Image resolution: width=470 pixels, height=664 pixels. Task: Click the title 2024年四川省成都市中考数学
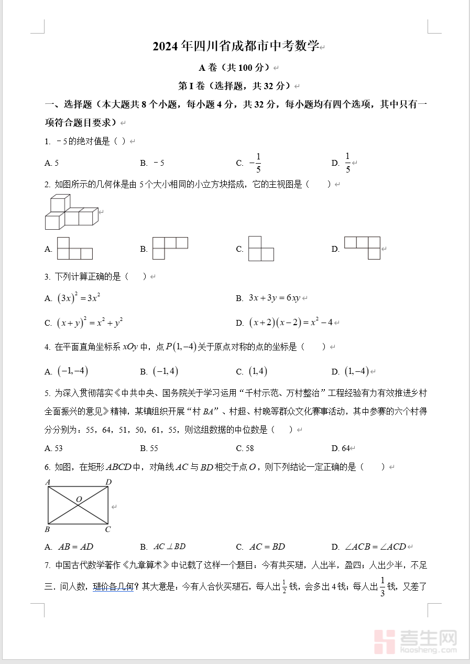(x=236, y=47)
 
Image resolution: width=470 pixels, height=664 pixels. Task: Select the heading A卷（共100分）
(x=235, y=68)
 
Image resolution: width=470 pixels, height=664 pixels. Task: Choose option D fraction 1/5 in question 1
(x=347, y=163)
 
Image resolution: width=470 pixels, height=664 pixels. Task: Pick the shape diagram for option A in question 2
(x=75, y=249)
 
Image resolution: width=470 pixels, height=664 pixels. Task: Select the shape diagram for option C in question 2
(x=261, y=249)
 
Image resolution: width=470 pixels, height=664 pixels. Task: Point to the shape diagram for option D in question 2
(x=362, y=248)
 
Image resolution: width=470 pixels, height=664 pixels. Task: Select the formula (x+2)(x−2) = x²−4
(x=291, y=322)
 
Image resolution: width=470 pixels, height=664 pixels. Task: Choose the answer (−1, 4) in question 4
(x=166, y=371)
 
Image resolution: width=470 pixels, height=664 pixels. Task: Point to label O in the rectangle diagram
(x=79, y=499)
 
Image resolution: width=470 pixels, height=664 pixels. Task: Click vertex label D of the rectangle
(x=108, y=481)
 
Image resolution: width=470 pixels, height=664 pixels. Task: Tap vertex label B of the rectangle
(x=47, y=529)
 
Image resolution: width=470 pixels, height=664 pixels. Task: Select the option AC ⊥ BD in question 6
(x=170, y=547)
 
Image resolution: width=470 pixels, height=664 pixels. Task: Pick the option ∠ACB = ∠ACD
(x=375, y=547)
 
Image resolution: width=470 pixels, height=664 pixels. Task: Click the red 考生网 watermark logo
(x=416, y=641)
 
